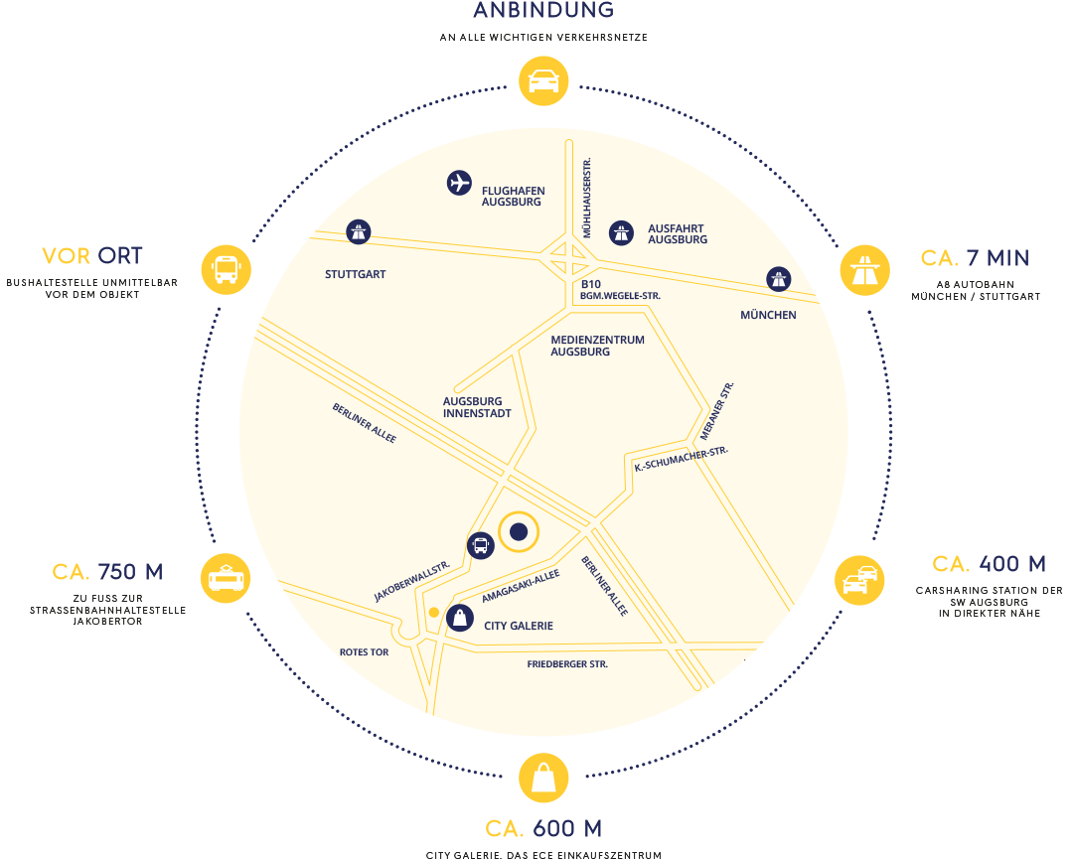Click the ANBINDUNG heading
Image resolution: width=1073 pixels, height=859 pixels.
click(543, 11)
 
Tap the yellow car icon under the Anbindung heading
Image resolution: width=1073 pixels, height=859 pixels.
click(543, 80)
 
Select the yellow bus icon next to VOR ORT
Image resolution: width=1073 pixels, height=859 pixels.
click(226, 269)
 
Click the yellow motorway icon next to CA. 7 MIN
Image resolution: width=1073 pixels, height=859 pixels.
click(864, 270)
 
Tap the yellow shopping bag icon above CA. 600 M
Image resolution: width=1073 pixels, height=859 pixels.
click(543, 778)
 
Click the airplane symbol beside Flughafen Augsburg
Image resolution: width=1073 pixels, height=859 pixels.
click(458, 183)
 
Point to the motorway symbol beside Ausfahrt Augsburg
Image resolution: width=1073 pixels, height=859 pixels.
click(621, 232)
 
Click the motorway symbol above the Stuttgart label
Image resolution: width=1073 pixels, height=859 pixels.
click(358, 232)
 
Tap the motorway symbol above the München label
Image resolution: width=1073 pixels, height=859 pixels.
click(779, 279)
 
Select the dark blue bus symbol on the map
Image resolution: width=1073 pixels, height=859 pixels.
click(480, 544)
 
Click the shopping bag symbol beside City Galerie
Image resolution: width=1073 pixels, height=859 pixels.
click(459, 618)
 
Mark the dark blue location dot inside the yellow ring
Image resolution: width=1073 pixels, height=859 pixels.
click(518, 532)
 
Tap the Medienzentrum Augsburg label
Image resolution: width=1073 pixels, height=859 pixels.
click(597, 346)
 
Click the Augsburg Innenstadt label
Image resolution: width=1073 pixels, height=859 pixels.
click(477, 407)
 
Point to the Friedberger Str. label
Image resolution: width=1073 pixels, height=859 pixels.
click(567, 663)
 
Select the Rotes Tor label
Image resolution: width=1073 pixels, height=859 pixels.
click(365, 652)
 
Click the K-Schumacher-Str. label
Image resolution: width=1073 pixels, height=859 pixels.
click(681, 459)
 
